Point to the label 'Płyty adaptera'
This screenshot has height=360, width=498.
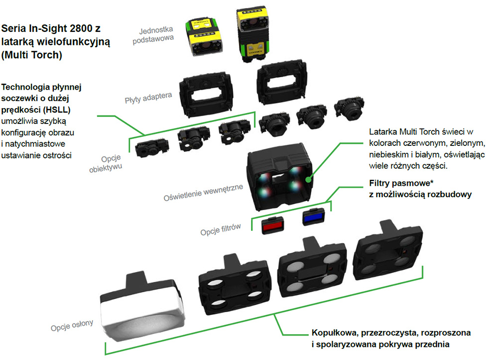coord(148,98)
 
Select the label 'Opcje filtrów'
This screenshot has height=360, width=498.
coord(221,230)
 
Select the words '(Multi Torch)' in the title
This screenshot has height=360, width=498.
coord(32,55)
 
